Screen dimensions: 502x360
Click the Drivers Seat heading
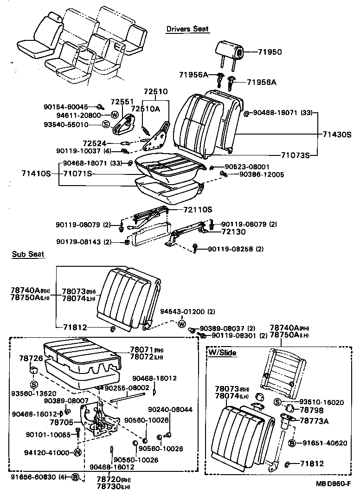(x=187, y=29)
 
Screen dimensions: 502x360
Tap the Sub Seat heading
(x=28, y=254)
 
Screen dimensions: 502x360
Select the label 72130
(x=233, y=231)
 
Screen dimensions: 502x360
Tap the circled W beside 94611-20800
(x=114, y=115)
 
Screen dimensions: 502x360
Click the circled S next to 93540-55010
(x=105, y=124)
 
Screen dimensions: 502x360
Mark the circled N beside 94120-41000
(x=77, y=453)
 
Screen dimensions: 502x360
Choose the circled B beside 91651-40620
(x=292, y=443)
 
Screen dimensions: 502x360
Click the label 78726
(x=31, y=359)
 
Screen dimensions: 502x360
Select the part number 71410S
(x=35, y=174)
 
